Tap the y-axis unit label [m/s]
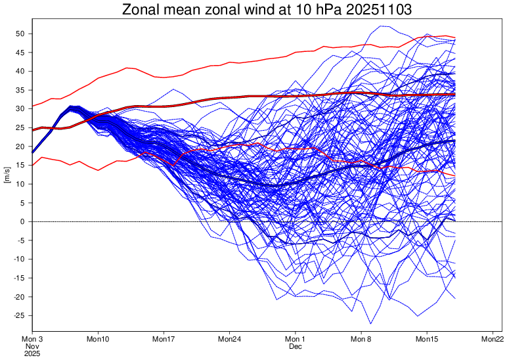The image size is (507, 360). coord(7,175)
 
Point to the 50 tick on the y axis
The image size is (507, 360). coord(20,34)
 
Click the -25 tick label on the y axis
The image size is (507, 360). coord(19,316)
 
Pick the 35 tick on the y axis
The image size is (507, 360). coord(20,90)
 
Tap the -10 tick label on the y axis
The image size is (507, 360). coord(19,259)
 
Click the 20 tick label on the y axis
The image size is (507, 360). coord(20,146)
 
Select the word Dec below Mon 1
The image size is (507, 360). coord(296,346)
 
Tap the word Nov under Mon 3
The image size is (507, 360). coord(32,346)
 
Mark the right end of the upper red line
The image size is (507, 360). coord(454,37)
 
